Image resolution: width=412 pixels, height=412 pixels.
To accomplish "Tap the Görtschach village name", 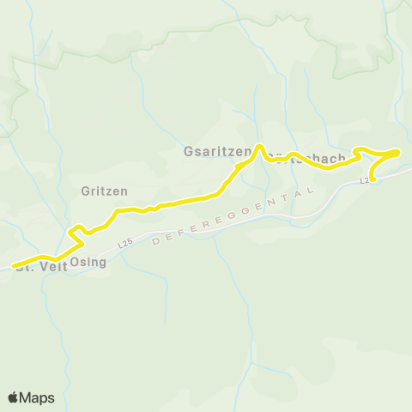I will pos(305,159).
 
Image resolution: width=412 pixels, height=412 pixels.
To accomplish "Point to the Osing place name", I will pos(88,262).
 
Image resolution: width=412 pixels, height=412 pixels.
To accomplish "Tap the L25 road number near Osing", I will pos(126,244).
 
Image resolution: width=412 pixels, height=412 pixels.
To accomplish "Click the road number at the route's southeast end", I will pos(365,180).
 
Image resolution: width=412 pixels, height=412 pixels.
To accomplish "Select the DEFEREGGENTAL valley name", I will pos(232,217).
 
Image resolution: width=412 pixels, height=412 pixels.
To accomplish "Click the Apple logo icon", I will pos(14,397).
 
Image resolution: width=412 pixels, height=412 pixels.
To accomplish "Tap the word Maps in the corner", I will pos(37,397).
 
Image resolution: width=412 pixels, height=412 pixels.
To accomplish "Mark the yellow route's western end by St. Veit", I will pos(14,266).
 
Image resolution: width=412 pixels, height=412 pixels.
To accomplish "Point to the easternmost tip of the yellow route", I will pos(398,152).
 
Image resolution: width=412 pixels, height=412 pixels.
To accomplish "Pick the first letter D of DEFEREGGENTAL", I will pos(154,243).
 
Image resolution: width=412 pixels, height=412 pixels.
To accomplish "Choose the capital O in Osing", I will pos(75,262).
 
